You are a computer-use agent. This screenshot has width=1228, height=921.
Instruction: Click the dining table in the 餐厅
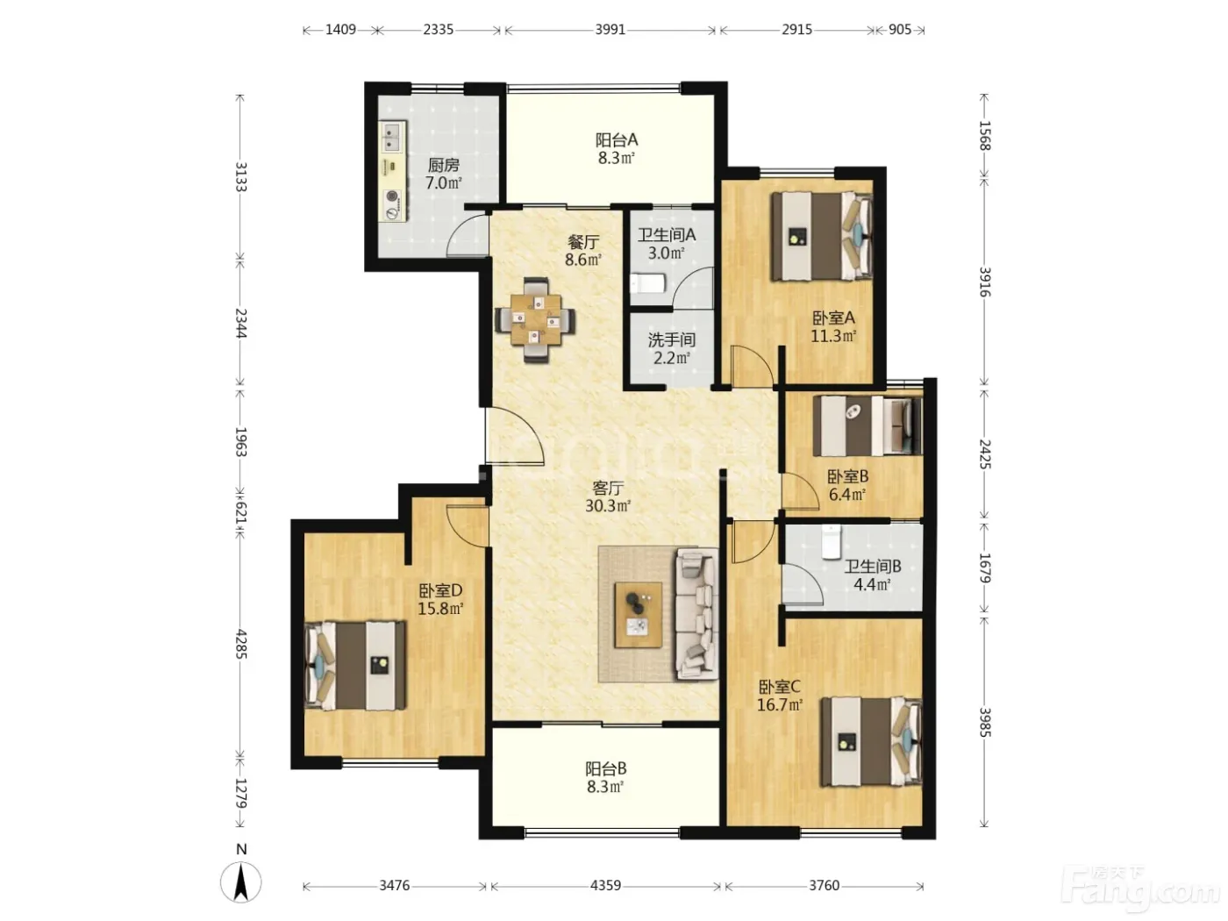coord(535,320)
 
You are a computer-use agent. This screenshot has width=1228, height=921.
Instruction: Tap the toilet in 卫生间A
coord(647,283)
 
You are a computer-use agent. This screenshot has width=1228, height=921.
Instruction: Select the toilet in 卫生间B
coord(832,541)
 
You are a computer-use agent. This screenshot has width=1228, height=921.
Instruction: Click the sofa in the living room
coord(696,613)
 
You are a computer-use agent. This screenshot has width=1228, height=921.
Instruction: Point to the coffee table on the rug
coord(639,615)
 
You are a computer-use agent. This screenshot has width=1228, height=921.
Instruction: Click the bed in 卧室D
coord(355,666)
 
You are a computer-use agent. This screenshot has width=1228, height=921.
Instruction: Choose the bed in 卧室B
coord(867,425)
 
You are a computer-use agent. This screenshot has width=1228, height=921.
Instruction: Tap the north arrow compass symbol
coord(241,883)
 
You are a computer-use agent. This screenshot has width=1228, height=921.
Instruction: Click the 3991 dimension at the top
coord(610,30)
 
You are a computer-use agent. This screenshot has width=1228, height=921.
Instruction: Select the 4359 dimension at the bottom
coord(605,885)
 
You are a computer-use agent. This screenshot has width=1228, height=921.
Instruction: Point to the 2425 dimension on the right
coord(985,454)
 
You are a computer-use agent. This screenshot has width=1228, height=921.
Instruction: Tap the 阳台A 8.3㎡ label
coord(616,149)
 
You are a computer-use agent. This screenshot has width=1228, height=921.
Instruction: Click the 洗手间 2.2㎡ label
coord(671,348)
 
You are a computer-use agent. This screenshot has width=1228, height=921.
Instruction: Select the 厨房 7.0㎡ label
coord(444,174)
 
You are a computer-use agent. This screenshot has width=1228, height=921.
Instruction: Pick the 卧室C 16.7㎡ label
coord(779,696)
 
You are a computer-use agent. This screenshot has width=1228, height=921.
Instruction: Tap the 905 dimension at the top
coord(900,30)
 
